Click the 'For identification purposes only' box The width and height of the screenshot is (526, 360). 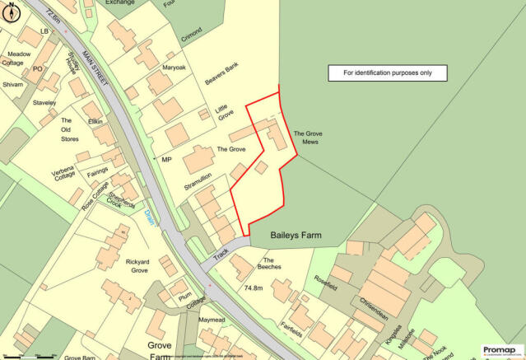(x=387, y=72)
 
